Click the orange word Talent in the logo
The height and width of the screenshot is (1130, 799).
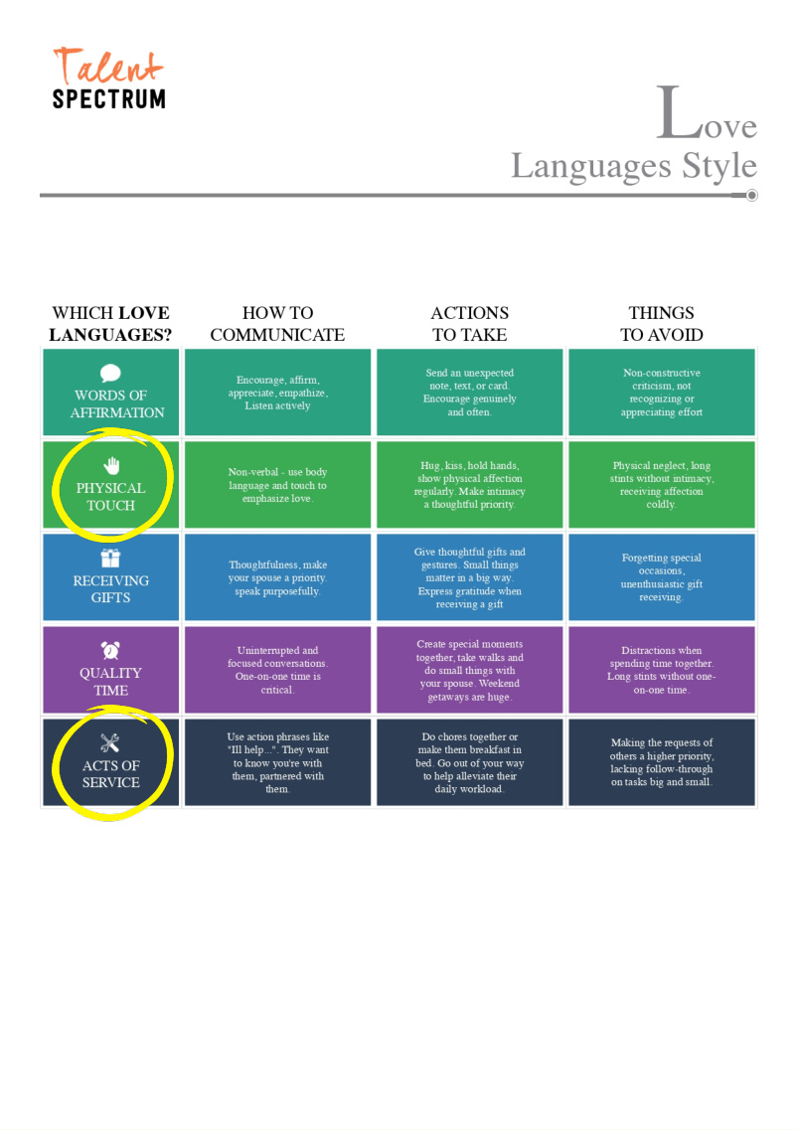click(x=108, y=67)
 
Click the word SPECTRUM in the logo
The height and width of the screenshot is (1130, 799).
click(x=108, y=98)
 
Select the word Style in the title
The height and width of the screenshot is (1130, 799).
click(x=719, y=167)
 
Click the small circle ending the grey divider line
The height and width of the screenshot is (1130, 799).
click(x=751, y=196)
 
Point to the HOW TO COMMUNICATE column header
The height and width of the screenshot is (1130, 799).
click(x=277, y=324)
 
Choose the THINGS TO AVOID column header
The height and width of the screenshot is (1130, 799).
click(x=662, y=324)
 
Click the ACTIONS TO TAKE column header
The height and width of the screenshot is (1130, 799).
click(x=470, y=324)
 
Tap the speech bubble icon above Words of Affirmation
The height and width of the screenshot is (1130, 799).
click(x=110, y=373)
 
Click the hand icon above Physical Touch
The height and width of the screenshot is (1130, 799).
click(x=111, y=465)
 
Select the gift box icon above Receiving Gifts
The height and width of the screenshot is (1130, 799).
click(x=110, y=558)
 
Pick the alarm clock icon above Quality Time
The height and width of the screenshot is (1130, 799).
click(x=110, y=650)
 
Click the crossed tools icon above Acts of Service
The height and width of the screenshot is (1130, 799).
click(x=110, y=743)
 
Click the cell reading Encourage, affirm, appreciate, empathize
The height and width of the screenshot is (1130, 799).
click(x=277, y=393)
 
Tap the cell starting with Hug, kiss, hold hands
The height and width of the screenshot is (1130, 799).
click(x=470, y=485)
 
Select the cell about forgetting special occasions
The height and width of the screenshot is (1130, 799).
click(x=662, y=577)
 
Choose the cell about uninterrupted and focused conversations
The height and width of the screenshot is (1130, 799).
click(x=277, y=670)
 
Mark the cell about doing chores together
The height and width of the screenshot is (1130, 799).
click(x=470, y=762)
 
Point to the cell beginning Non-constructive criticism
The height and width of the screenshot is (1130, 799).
click(x=662, y=393)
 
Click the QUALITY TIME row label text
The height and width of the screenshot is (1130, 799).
click(x=111, y=682)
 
